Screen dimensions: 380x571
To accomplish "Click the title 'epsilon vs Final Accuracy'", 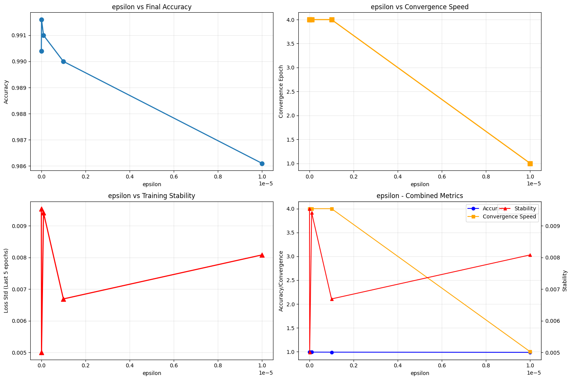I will point(151,7).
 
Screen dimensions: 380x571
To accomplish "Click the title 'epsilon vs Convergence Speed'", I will point(420,7).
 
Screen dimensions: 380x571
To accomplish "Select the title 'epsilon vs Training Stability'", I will point(151,196).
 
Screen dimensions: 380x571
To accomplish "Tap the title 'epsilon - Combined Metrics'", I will point(420,196).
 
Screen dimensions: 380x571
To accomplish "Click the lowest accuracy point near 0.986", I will point(262,164).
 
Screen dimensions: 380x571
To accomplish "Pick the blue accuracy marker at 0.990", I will point(63,61).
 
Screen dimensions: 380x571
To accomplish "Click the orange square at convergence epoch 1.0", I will point(530,164).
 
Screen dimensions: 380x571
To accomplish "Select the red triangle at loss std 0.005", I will point(41,352).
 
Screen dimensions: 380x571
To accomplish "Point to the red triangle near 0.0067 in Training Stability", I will point(63,299).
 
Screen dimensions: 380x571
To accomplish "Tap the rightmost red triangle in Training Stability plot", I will point(262,255).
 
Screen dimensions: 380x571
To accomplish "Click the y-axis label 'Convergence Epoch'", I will point(281,91).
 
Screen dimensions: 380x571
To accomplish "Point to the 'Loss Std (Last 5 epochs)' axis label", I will point(7,281).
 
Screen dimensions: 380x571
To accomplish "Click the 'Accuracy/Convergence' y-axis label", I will point(281,281).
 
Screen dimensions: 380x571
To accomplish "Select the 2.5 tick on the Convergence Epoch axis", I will point(290,91).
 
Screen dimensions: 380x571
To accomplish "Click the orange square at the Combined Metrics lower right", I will point(530,352).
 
